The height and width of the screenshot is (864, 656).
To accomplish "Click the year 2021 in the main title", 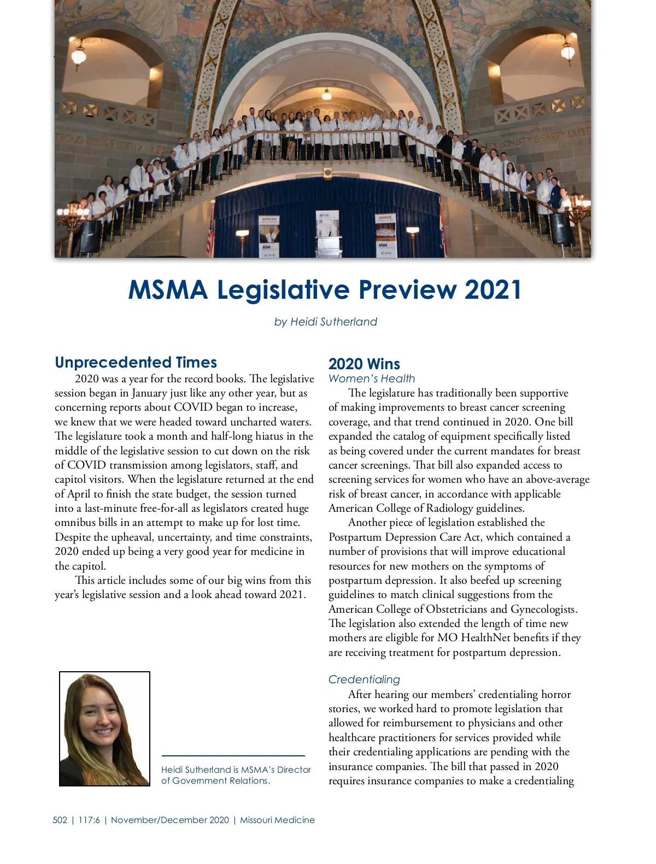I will click(493, 290).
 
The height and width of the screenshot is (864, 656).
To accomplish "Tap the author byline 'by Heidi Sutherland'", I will click(325, 322).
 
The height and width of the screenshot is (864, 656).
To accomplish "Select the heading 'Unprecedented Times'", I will click(136, 363).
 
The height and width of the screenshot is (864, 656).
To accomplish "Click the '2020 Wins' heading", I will click(364, 364).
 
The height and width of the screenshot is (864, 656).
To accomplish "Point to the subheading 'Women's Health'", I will click(372, 378).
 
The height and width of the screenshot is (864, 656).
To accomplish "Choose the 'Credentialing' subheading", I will click(364, 679).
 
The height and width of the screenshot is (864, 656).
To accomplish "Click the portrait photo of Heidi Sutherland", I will click(104, 729).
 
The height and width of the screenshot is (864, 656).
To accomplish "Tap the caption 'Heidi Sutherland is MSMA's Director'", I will click(236, 770).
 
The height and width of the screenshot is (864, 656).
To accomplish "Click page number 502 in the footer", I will click(60, 820).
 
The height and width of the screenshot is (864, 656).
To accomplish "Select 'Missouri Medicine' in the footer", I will click(277, 820).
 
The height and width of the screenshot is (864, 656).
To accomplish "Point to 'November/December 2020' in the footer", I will click(170, 820).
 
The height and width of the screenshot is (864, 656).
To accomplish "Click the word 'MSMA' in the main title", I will click(168, 290).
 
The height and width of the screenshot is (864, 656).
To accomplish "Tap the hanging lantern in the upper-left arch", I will click(79, 55).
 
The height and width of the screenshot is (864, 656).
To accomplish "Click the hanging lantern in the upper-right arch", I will click(568, 51).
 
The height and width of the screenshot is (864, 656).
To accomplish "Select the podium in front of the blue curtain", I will click(327, 235).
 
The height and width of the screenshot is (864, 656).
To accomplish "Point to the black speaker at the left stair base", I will click(90, 236).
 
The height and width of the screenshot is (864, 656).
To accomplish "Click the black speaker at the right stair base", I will click(561, 229).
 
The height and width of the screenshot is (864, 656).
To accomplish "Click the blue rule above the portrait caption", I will click(233, 756).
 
